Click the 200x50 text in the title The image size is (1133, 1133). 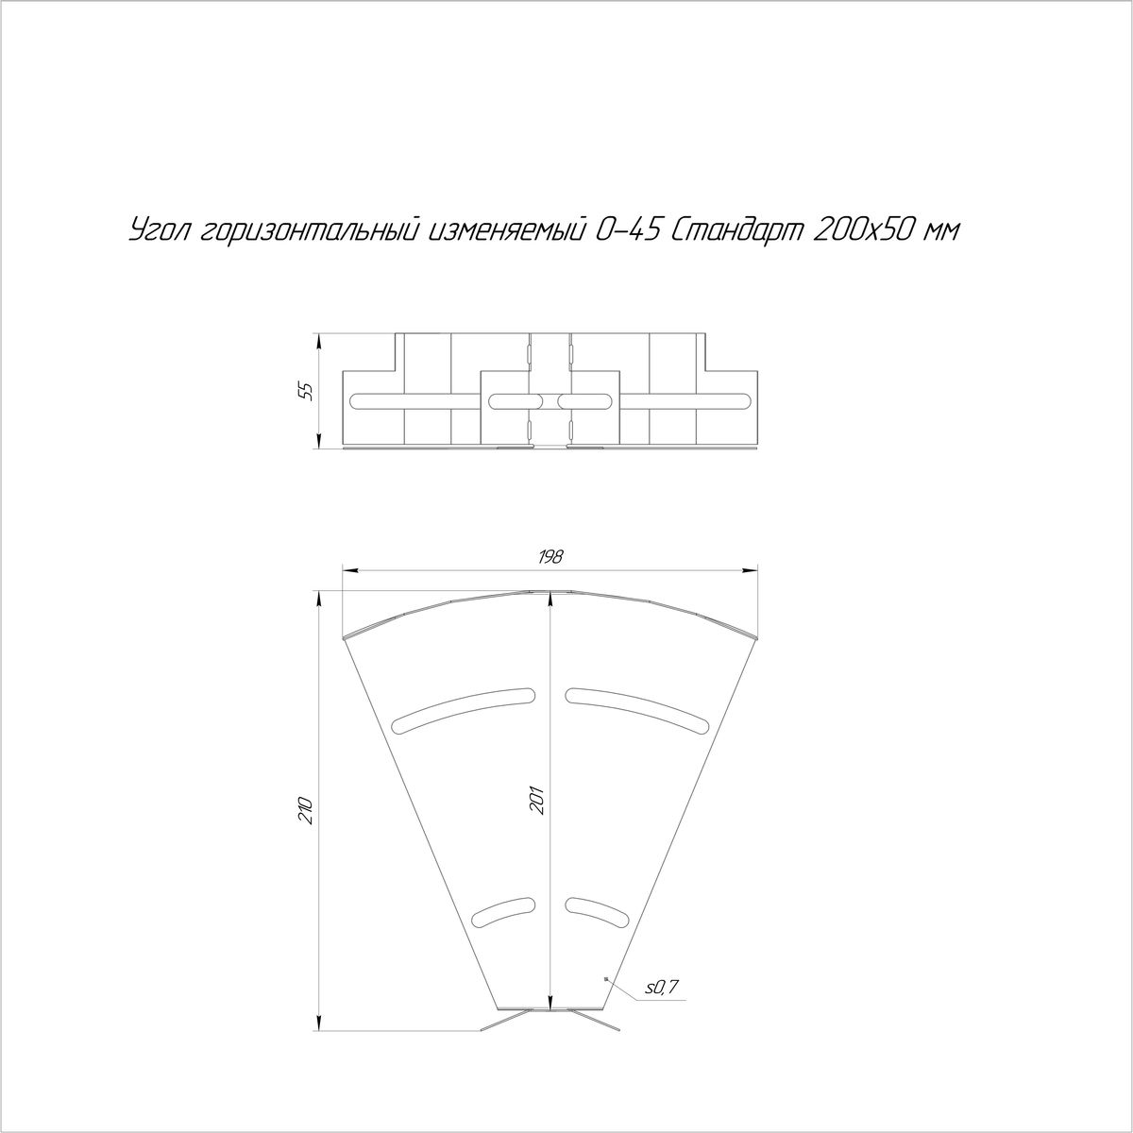click(x=864, y=231)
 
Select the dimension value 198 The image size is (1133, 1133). click(x=550, y=556)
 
